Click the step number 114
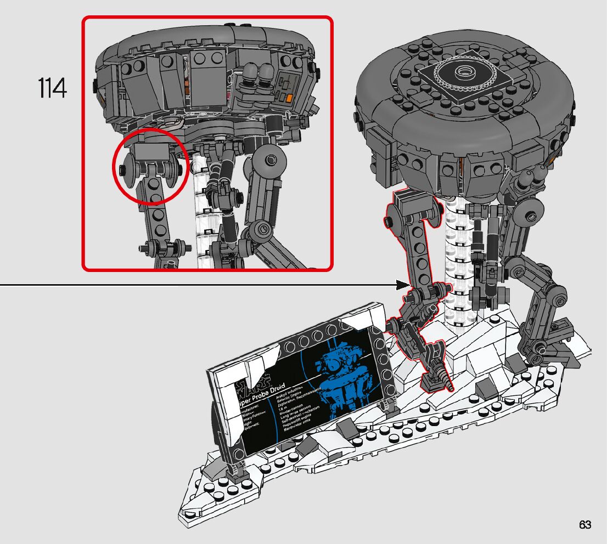pos(53,88)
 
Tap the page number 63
pos(584,525)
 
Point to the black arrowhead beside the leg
pos(403,285)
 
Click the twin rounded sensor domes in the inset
pos(258,74)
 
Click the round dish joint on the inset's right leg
pos(272,161)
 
